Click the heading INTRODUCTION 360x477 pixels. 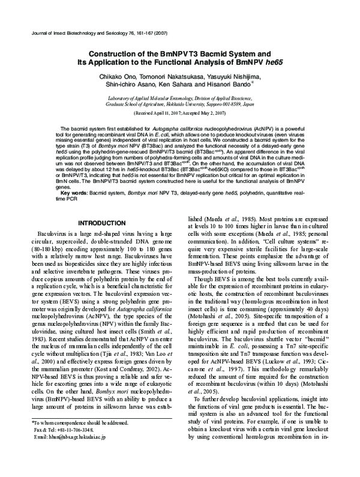(103, 223)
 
